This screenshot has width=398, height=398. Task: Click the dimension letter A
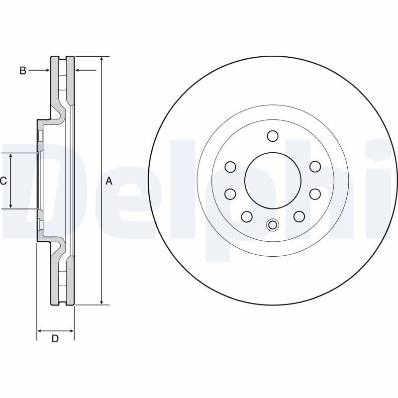pos(109,182)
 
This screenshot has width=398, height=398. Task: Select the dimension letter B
pos(22,71)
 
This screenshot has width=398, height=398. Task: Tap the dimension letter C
pos(3,181)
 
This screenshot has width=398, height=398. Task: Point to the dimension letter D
pos(55,339)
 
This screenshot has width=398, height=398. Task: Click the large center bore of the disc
pos(273,180)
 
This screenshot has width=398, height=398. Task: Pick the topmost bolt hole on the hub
pos(272,136)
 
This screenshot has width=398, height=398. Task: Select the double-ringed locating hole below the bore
pos(272,225)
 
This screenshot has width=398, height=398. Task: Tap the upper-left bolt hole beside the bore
pos(230,167)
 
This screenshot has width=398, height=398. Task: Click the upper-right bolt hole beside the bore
pos(315,167)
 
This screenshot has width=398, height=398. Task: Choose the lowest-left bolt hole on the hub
pos(246,216)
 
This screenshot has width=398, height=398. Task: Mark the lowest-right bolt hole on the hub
pos(299,216)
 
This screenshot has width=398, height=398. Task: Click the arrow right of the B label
pos(46,71)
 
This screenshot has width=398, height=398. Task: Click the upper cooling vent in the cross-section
pos(62,82)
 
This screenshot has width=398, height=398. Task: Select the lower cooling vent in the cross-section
pos(62,279)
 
